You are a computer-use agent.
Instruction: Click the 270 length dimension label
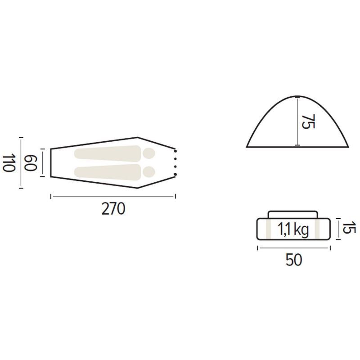point(113,209)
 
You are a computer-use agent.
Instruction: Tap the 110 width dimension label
point(9,163)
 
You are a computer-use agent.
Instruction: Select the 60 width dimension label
point(31,163)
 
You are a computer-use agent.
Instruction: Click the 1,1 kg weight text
point(293,229)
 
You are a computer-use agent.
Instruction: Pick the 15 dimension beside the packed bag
point(349,228)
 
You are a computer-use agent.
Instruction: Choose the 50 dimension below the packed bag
point(294,260)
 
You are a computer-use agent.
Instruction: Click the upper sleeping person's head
point(149,153)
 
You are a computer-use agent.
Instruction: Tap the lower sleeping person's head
point(149,172)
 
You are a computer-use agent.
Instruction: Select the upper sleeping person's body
point(108,153)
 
